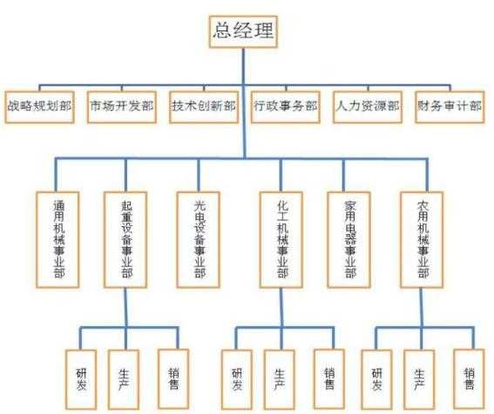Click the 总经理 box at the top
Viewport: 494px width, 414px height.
(x=243, y=32)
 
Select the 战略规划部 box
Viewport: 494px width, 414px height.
(x=39, y=107)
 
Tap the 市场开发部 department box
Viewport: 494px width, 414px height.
(x=122, y=107)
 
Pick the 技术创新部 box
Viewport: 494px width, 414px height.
(x=204, y=107)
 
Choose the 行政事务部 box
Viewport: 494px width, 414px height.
(x=286, y=107)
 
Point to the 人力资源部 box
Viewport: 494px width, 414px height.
(x=368, y=107)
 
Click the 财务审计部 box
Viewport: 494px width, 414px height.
(x=450, y=107)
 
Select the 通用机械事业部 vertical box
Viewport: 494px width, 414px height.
(x=58, y=240)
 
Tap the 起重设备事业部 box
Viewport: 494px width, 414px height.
(x=125, y=240)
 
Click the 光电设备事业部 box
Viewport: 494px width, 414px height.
(x=198, y=240)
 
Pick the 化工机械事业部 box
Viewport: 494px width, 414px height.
(x=281, y=240)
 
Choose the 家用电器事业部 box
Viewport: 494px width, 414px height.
(x=349, y=240)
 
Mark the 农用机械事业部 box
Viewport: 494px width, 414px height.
(x=422, y=240)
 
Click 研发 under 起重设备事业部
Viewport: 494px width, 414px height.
(x=81, y=379)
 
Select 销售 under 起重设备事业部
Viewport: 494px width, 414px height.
(x=173, y=378)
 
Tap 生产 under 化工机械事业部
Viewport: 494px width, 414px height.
(x=280, y=379)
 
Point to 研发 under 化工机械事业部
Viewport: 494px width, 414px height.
(x=237, y=379)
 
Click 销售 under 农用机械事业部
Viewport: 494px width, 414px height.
(x=469, y=378)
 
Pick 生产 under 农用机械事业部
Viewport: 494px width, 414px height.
(x=419, y=379)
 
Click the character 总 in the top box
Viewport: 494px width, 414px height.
(x=223, y=30)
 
